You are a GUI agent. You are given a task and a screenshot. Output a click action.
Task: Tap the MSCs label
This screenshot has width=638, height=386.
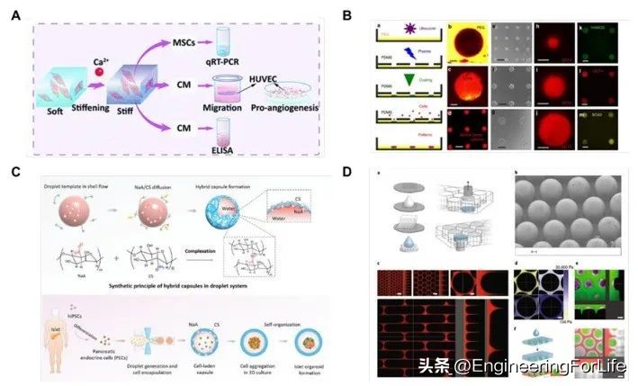pos(181,41)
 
